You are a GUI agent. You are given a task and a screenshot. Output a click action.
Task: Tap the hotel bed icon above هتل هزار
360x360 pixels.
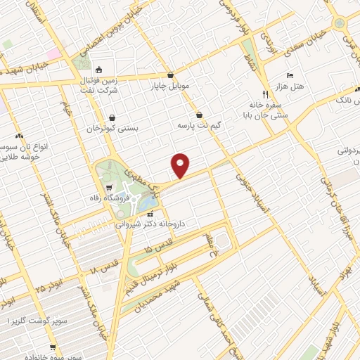pyautogui.click(x=290, y=76)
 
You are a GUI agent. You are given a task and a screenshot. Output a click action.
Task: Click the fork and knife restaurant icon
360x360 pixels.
pyautogui.click(x=265, y=94)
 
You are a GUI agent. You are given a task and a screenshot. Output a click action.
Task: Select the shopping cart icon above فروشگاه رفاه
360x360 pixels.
pyautogui.click(x=110, y=187)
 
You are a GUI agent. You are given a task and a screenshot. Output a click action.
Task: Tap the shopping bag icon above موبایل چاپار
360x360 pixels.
pyautogui.click(x=171, y=75)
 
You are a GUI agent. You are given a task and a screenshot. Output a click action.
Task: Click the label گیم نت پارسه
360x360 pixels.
pyautogui.click(x=200, y=125)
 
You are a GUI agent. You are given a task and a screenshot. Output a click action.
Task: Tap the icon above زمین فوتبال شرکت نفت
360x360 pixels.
pyautogui.click(x=98, y=69)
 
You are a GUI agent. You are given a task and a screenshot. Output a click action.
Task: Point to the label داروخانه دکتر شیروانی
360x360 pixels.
pyautogui.click(x=150, y=224)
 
